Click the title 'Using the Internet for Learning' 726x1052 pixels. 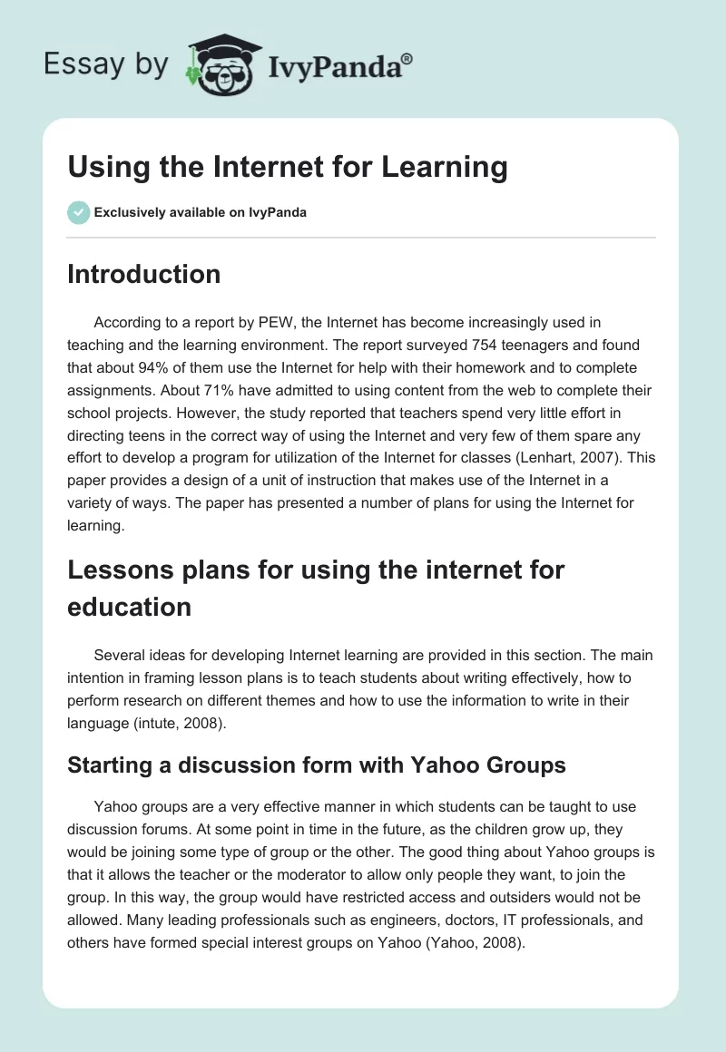(x=287, y=167)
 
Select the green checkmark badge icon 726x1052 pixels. (x=78, y=212)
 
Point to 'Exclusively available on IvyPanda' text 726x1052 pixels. (x=201, y=212)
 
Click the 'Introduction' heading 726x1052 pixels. (x=143, y=274)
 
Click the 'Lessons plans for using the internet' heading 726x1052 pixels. (x=316, y=570)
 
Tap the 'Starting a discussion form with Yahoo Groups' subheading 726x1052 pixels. (x=316, y=765)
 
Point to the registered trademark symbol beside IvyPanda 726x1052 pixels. (x=407, y=58)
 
